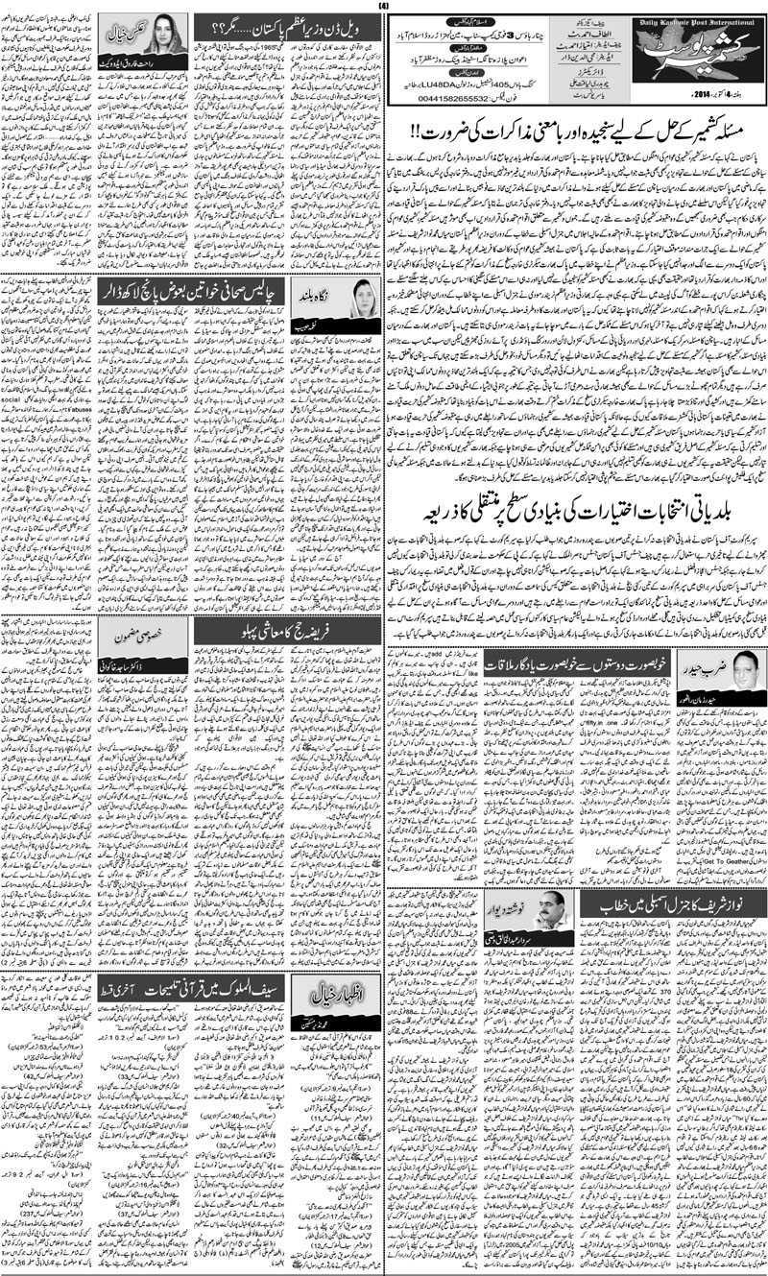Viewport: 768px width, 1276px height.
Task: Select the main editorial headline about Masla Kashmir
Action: tap(574, 132)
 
